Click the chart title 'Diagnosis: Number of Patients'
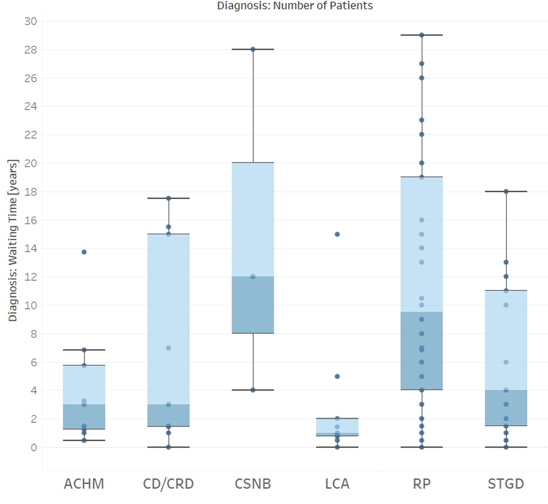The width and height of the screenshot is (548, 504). (x=295, y=6)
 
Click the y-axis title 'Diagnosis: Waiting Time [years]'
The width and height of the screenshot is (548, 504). (x=13, y=241)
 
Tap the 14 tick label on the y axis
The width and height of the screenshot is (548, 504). (x=31, y=248)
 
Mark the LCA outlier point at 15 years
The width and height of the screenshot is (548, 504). (x=337, y=234)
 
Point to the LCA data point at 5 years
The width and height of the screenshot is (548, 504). (x=337, y=376)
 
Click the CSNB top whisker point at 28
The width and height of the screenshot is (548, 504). (x=253, y=49)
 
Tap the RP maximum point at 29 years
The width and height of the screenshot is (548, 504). (x=422, y=35)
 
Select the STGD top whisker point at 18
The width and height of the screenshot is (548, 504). (x=506, y=191)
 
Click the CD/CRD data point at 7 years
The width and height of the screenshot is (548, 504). (x=168, y=348)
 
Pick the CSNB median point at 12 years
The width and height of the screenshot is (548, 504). (x=253, y=277)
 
